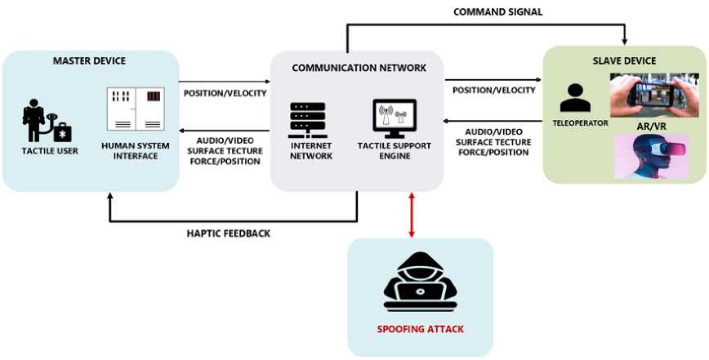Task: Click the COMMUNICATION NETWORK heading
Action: click(359, 68)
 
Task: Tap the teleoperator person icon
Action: click(575, 96)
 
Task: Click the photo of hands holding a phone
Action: click(653, 95)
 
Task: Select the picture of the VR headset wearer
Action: click(651, 156)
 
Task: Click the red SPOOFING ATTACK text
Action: click(420, 329)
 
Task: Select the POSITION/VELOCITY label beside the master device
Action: click(225, 92)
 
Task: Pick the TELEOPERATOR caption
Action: click(576, 125)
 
